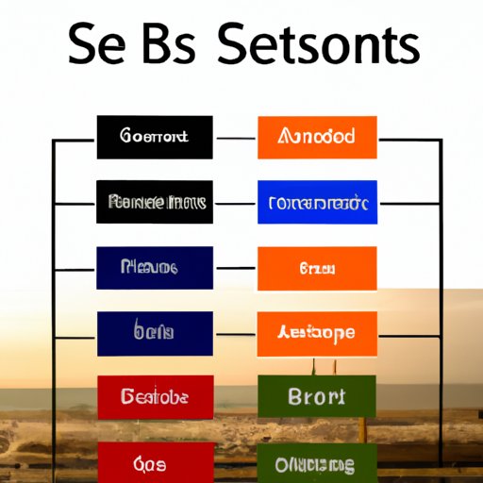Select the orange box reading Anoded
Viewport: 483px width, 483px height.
[x=317, y=138]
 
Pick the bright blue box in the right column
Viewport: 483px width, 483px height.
[x=317, y=202]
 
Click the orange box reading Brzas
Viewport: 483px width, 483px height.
[x=317, y=268]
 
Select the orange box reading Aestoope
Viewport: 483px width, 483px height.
[x=317, y=332]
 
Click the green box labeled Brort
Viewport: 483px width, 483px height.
[x=317, y=397]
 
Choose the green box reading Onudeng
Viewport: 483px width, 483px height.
[x=317, y=464]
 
